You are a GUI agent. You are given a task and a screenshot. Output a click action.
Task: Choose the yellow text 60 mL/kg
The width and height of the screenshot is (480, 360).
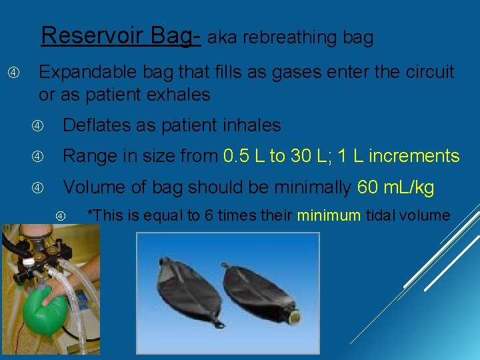tap(395, 188)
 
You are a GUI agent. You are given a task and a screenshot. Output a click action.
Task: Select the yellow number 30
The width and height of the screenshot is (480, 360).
tap(299, 157)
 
